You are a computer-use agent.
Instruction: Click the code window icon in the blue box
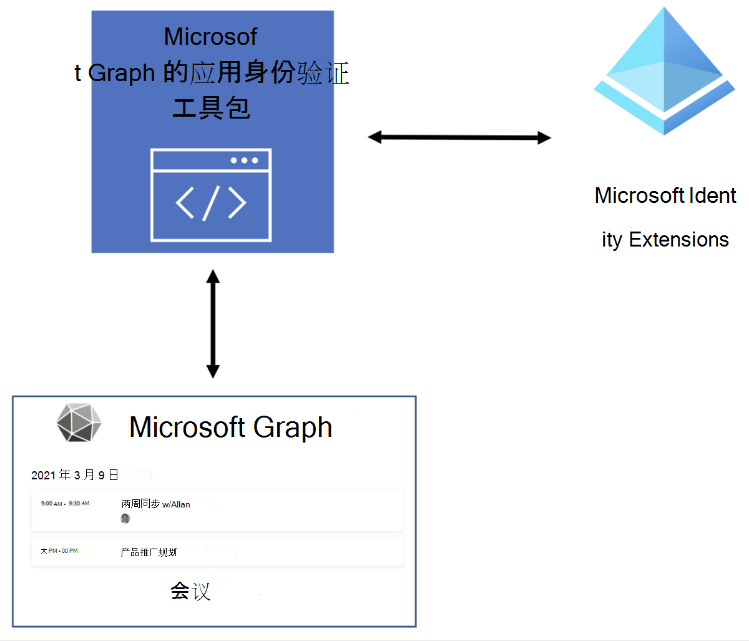pyautogui.click(x=211, y=195)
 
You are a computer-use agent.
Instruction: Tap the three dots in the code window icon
pyautogui.click(x=244, y=160)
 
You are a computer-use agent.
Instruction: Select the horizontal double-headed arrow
pyautogui.click(x=459, y=137)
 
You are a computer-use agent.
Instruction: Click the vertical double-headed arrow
pyautogui.click(x=213, y=324)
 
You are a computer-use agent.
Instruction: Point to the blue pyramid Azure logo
pyautogui.click(x=664, y=72)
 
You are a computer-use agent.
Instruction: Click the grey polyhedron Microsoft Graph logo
pyautogui.click(x=79, y=423)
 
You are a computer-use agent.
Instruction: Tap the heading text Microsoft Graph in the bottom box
pyautogui.click(x=230, y=428)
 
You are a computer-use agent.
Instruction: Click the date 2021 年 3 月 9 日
pyautogui.click(x=75, y=475)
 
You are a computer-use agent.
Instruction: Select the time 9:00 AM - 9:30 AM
pyautogui.click(x=65, y=503)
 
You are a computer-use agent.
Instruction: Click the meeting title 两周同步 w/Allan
pyautogui.click(x=155, y=504)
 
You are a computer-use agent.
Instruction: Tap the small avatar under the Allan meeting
pyautogui.click(x=125, y=519)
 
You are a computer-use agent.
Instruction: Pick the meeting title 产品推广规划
pyautogui.click(x=149, y=552)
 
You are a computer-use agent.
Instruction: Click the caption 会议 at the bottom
pyautogui.click(x=190, y=590)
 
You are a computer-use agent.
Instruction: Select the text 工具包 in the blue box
pyautogui.click(x=211, y=108)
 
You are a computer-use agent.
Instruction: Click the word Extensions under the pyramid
pyautogui.click(x=678, y=240)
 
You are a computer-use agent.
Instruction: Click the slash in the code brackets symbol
pyautogui.click(x=211, y=202)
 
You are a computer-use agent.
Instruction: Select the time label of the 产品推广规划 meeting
pyautogui.click(x=59, y=551)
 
